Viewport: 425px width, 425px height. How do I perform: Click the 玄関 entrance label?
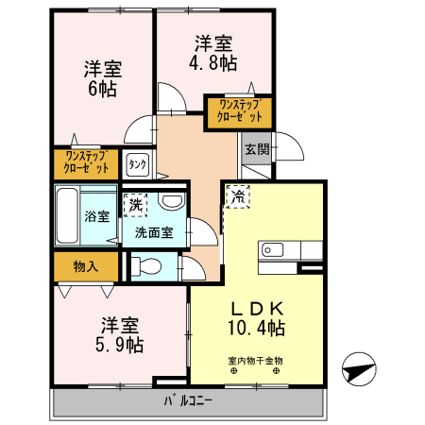click(x=256, y=149)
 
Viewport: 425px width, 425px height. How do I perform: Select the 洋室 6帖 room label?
click(x=103, y=78)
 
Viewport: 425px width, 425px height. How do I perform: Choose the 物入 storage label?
click(x=86, y=266)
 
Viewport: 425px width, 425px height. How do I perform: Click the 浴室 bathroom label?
click(x=96, y=215)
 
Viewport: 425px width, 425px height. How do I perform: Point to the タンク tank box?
click(x=137, y=165)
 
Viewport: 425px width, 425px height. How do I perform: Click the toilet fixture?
click(x=146, y=265)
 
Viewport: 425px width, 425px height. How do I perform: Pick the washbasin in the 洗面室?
click(x=172, y=201)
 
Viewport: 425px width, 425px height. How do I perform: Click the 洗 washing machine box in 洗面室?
click(x=136, y=204)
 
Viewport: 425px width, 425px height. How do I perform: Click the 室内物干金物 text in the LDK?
click(x=255, y=359)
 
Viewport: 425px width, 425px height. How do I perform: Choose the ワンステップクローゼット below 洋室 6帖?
click(x=86, y=162)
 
